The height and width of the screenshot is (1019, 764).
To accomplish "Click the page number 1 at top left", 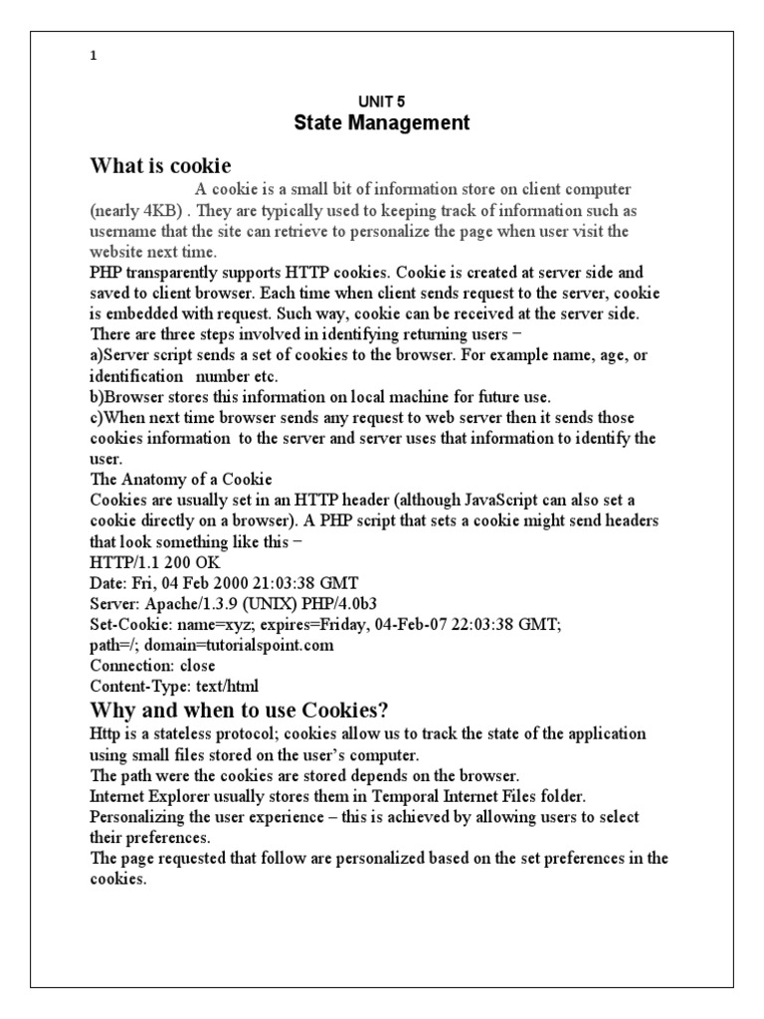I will coord(94,57).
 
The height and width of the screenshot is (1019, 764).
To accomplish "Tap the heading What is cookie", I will coord(160,165).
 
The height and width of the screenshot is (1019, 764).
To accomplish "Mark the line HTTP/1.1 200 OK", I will coord(154,562).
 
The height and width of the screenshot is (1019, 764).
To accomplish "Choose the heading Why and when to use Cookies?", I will coord(239,710).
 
